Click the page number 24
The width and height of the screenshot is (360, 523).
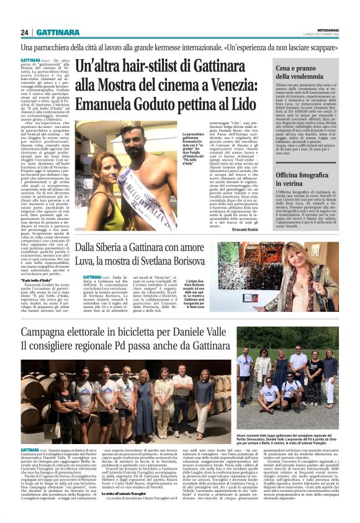25,32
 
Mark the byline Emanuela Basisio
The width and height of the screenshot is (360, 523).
248,230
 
